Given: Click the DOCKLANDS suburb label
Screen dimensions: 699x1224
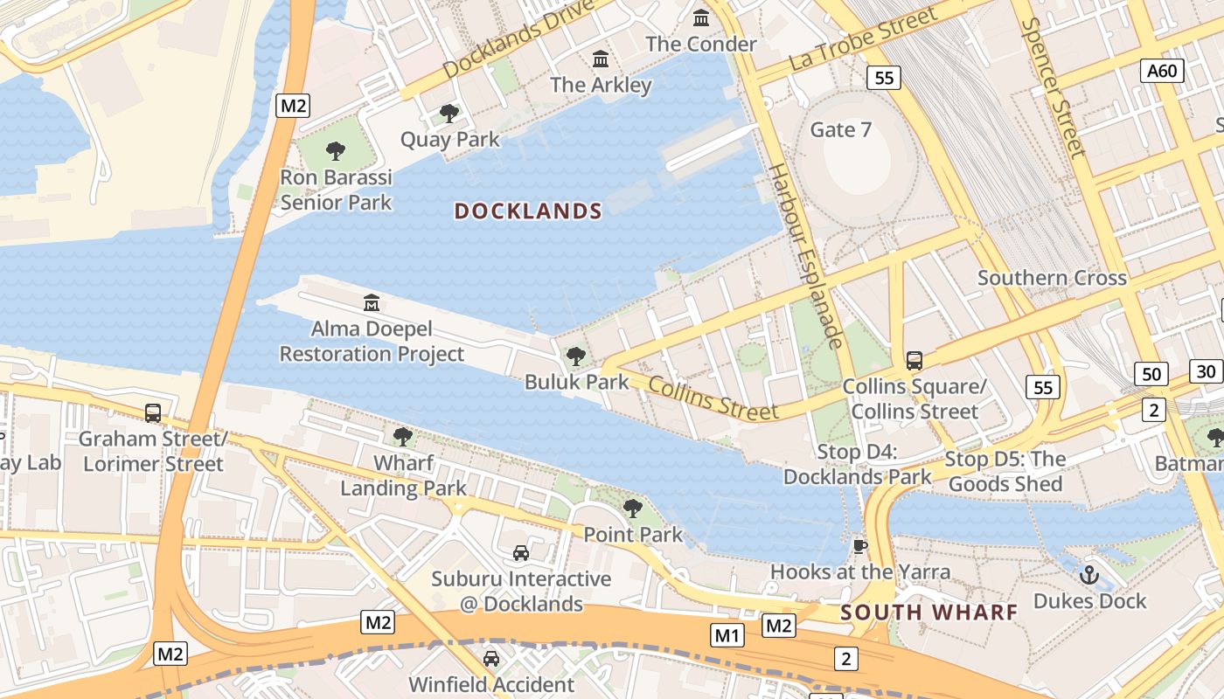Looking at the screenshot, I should (x=528, y=211).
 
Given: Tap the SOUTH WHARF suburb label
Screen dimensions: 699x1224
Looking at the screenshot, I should (x=929, y=612).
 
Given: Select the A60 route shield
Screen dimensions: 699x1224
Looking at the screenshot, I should (x=1162, y=71).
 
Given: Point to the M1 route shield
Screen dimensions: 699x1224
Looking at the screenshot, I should (x=727, y=635).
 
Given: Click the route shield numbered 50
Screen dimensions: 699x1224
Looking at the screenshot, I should (x=1151, y=374).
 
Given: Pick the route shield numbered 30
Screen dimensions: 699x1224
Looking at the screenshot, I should (x=1207, y=371).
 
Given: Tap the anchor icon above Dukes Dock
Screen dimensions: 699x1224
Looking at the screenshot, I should (x=1088, y=575).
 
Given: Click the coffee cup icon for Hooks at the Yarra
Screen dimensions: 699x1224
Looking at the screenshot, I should (x=859, y=547).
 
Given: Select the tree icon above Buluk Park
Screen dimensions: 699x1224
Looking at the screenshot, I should (x=575, y=356).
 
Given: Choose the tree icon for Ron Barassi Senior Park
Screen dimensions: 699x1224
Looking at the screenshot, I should (x=336, y=151).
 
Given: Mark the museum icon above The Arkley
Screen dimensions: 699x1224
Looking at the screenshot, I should (x=601, y=59).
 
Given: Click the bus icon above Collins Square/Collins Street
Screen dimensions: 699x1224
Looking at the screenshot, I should (x=914, y=360).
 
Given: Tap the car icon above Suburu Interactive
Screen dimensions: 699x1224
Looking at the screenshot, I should (x=520, y=553).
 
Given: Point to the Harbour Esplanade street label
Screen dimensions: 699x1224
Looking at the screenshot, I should (x=805, y=255).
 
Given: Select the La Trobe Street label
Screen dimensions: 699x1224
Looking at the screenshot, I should (x=863, y=39).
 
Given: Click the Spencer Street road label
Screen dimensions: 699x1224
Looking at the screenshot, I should (x=1053, y=87).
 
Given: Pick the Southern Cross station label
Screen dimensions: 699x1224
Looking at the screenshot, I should (x=1052, y=278).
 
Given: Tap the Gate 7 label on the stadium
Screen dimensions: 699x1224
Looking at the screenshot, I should (x=841, y=129).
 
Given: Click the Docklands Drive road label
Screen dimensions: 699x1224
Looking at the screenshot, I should (x=519, y=38).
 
